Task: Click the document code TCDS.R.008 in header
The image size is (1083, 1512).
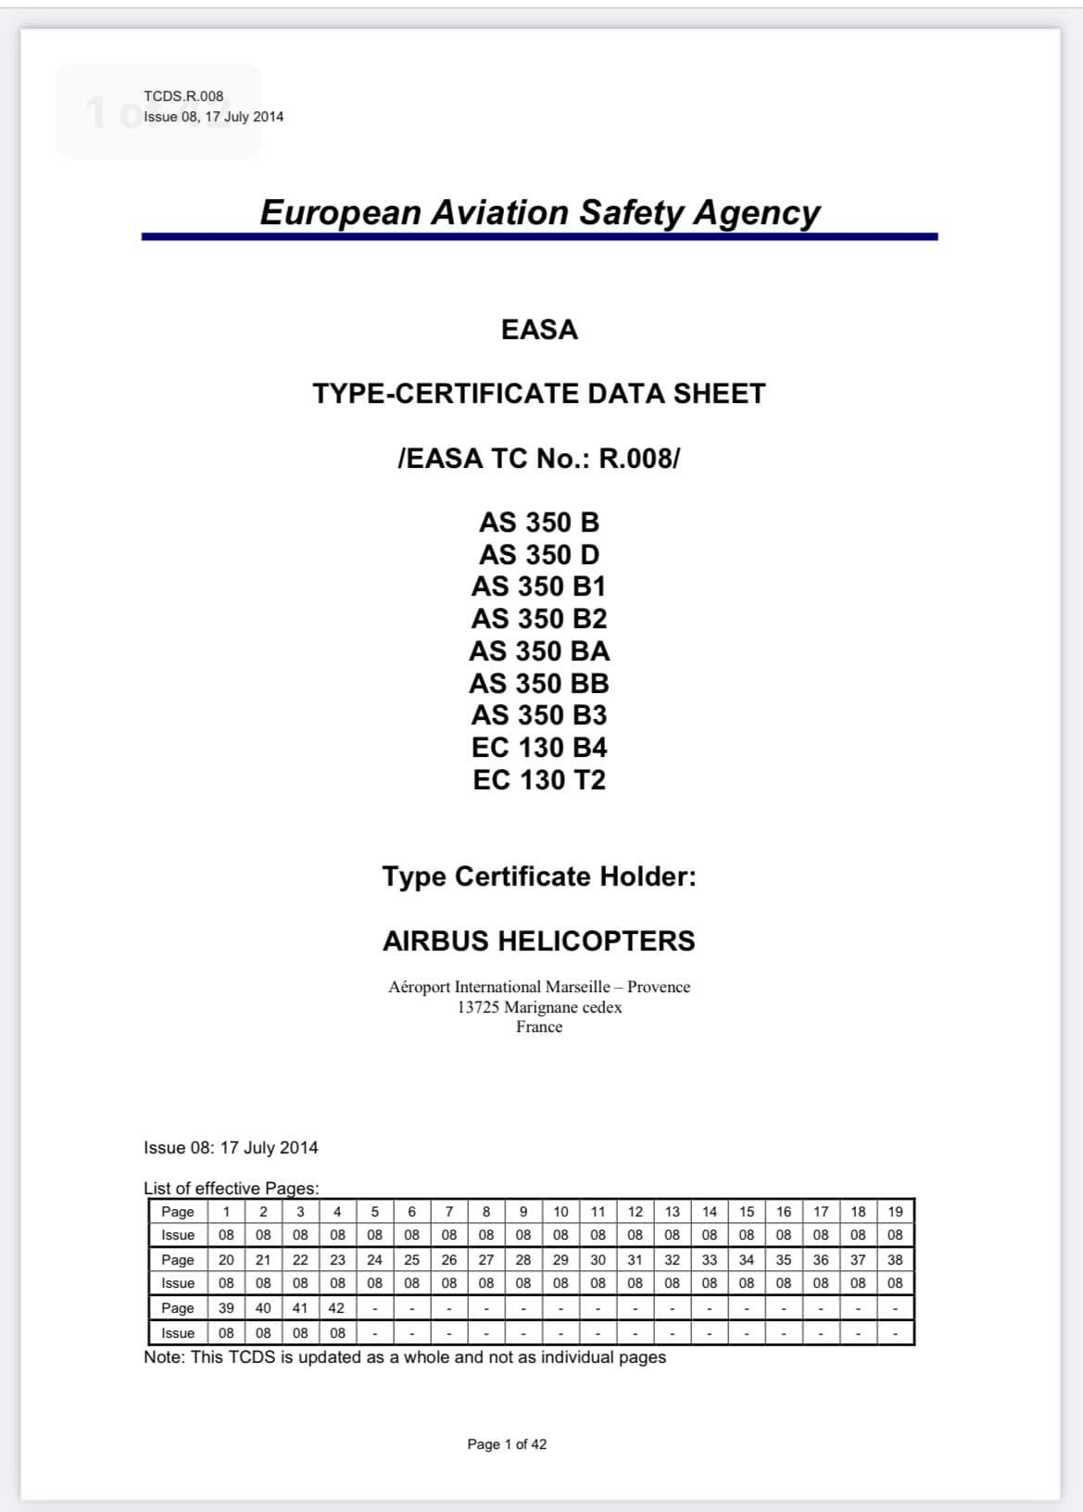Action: [183, 95]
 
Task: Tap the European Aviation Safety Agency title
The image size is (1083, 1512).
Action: [539, 212]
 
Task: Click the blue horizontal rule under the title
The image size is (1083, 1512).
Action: [539, 237]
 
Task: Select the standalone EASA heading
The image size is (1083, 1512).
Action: [539, 330]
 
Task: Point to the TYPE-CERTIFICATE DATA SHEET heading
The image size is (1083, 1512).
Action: [539, 394]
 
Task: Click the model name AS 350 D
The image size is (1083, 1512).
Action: [539, 555]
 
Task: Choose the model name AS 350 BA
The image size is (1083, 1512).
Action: [539, 651]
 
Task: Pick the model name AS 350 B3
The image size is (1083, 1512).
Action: [539, 715]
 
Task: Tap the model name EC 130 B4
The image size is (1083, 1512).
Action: [539, 748]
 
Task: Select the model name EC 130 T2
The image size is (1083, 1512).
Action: [539, 780]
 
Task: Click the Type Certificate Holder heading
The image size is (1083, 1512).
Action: [539, 876]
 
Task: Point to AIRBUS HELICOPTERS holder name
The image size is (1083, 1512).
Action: [539, 941]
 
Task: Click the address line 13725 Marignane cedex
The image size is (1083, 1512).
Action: [539, 1007]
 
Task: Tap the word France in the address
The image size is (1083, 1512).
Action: [539, 1027]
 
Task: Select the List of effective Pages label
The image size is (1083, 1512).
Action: [231, 1188]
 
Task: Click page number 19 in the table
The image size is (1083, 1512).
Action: [895, 1211]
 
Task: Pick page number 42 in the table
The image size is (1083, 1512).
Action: [336, 1308]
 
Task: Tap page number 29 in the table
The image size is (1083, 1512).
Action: [560, 1260]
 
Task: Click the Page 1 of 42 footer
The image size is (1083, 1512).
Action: [507, 1444]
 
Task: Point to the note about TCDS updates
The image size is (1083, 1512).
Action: [405, 1357]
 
